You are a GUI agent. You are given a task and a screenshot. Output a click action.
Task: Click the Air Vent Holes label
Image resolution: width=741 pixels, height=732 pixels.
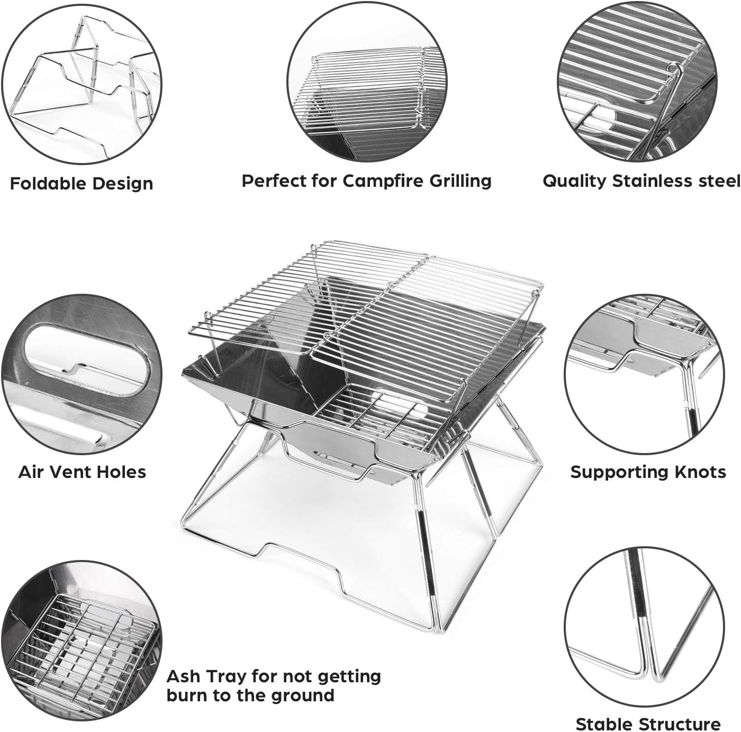click(x=82, y=472)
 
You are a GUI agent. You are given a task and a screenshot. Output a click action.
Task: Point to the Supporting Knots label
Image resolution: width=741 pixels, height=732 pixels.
click(x=648, y=472)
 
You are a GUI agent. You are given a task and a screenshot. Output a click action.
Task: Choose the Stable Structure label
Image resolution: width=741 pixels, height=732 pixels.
click(x=647, y=724)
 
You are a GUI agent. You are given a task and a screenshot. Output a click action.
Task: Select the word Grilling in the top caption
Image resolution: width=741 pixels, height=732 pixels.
click(x=460, y=181)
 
